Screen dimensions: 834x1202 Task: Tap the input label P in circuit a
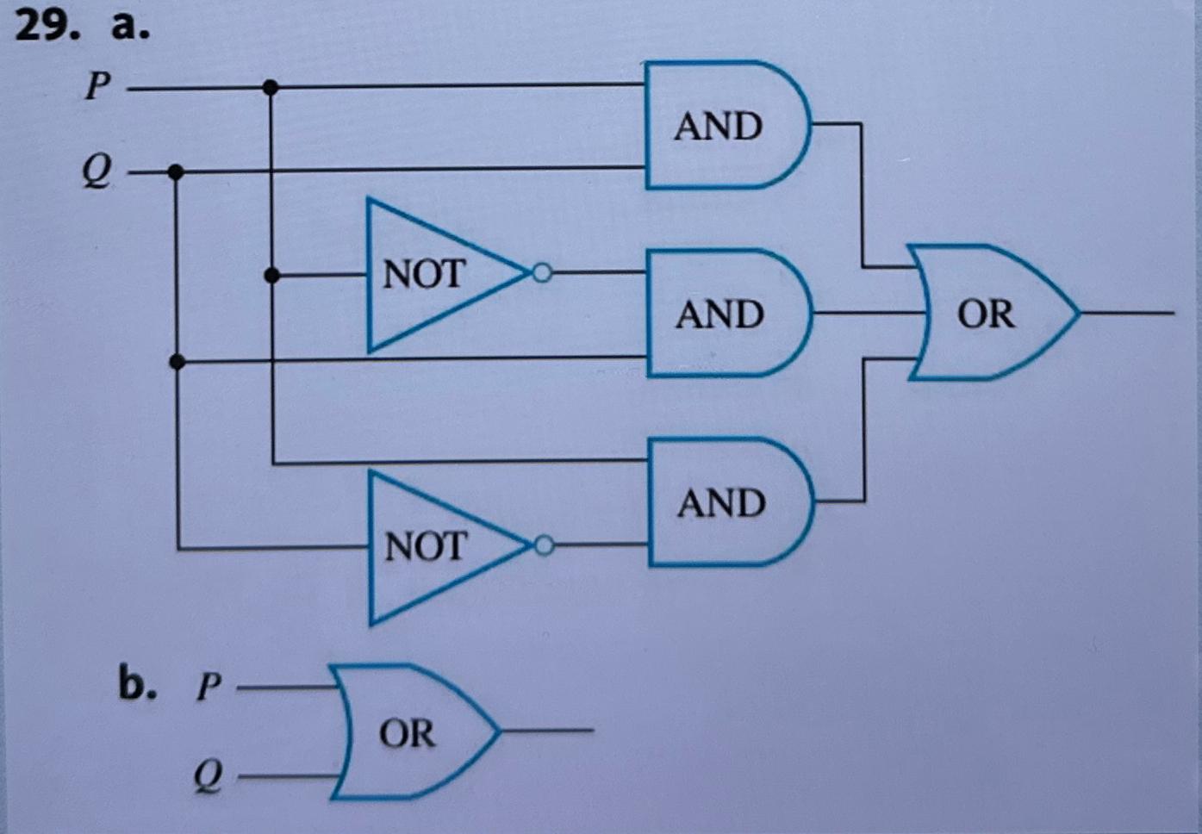coord(97,85)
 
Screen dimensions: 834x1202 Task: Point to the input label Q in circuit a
coord(97,171)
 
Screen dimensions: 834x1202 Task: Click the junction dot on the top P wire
coord(271,87)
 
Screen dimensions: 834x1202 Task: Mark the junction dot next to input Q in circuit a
coord(176,172)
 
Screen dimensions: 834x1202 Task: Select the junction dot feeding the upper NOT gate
coord(271,276)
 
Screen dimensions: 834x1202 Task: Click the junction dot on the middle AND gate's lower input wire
coord(177,362)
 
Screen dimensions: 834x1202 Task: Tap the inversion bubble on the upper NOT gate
coord(541,274)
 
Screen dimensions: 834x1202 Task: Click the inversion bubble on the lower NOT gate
coord(543,546)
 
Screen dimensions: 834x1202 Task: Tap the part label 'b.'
coord(138,684)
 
